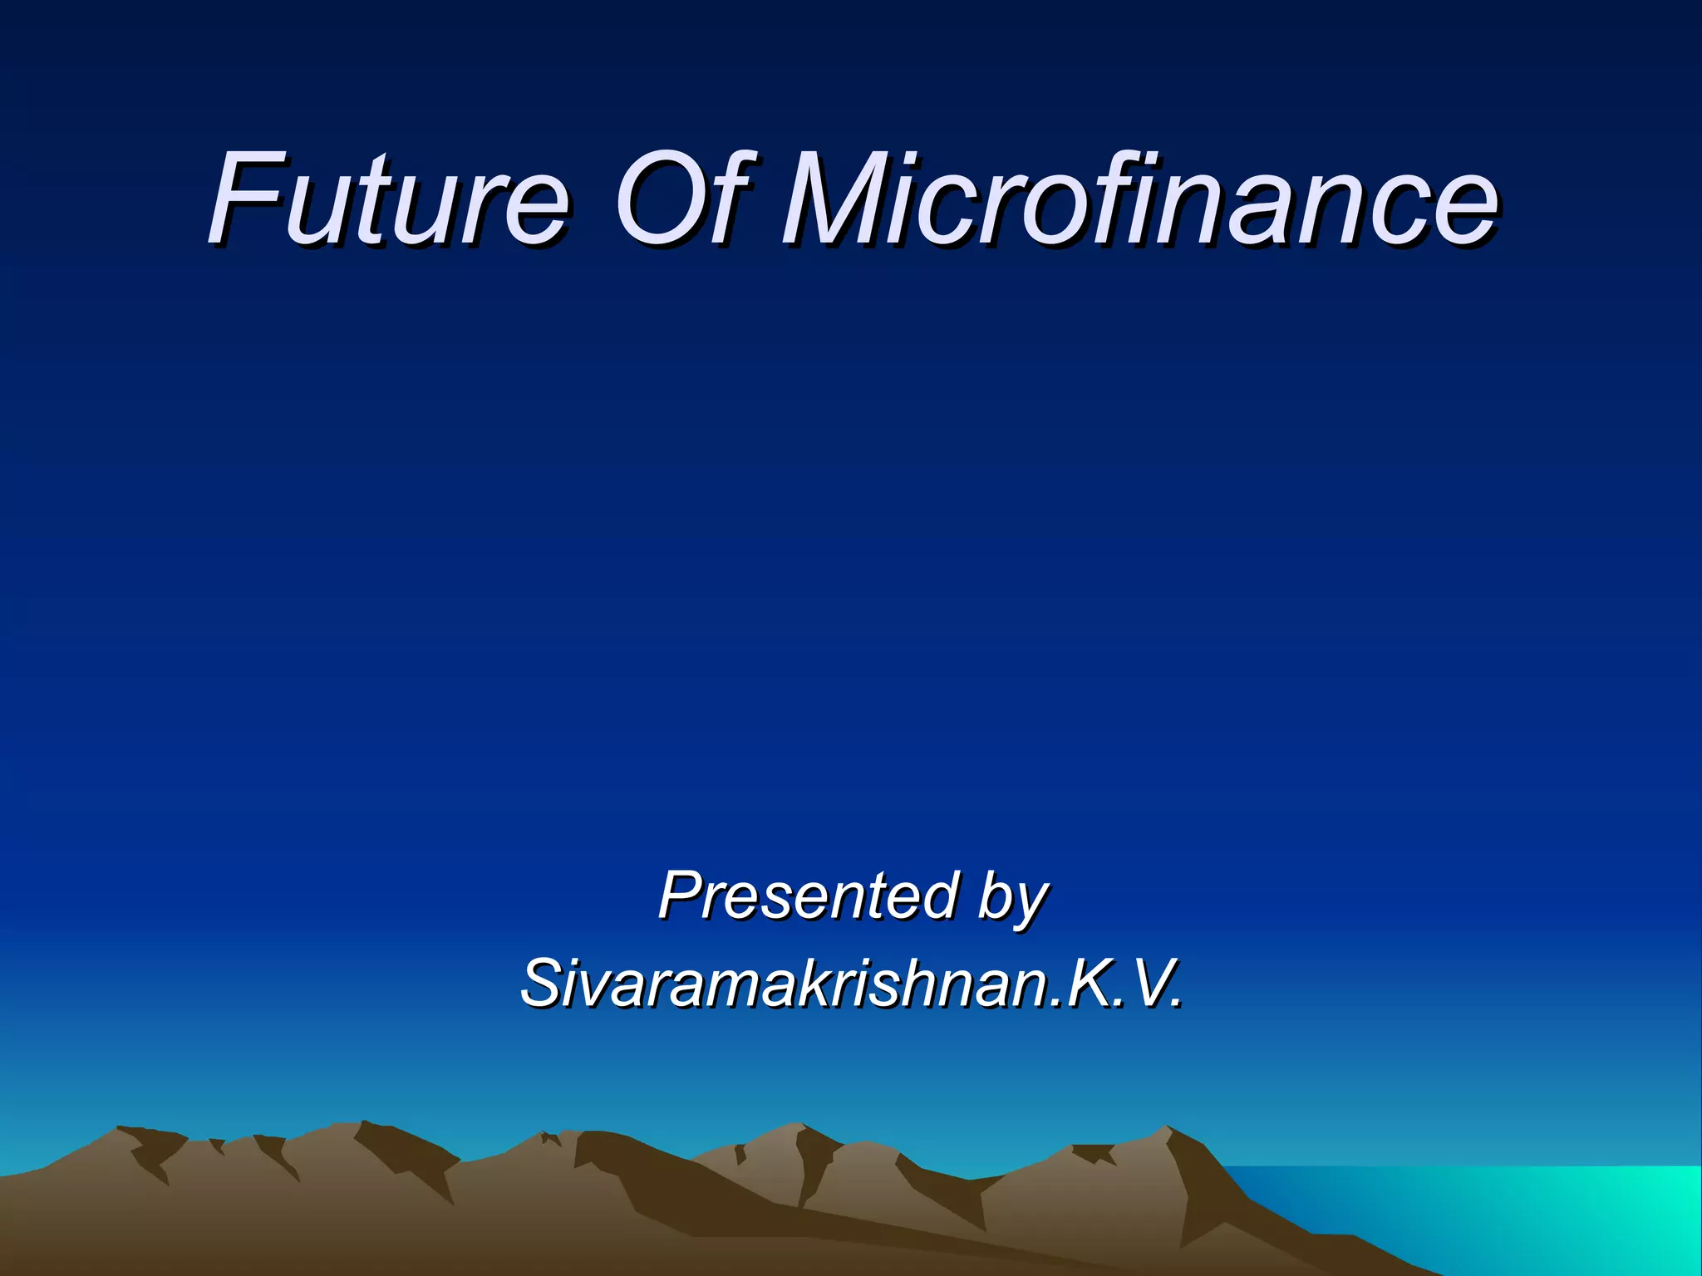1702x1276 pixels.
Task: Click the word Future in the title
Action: (x=389, y=199)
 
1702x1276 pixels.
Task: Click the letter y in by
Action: (x=1029, y=905)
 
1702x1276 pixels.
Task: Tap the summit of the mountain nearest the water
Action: (x=1166, y=1127)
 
